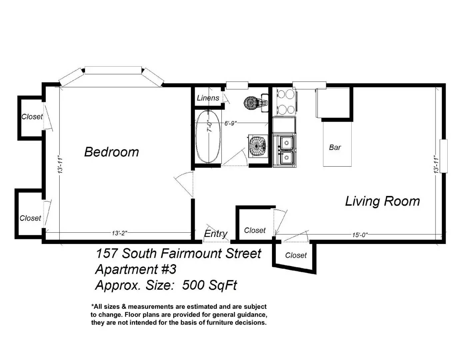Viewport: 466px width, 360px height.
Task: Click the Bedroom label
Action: (x=112, y=152)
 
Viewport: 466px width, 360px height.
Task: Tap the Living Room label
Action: (x=382, y=201)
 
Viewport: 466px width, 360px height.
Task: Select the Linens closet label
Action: (x=208, y=98)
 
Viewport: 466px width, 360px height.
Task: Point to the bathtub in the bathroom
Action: (x=208, y=137)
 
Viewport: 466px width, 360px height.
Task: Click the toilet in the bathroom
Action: (x=256, y=103)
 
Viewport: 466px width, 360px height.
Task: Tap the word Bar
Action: (x=335, y=147)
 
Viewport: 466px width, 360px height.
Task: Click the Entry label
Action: (x=216, y=234)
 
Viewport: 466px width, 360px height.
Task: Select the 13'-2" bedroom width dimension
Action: (x=119, y=233)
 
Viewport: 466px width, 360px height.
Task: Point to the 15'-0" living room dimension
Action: (x=360, y=235)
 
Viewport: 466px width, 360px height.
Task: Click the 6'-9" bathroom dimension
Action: (x=231, y=123)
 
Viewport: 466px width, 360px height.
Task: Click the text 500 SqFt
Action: (x=210, y=285)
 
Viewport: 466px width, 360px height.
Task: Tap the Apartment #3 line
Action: (x=136, y=269)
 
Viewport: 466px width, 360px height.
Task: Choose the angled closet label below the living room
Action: (x=296, y=255)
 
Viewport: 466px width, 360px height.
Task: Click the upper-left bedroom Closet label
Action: (x=32, y=117)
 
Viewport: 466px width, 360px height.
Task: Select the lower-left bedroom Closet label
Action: (x=30, y=218)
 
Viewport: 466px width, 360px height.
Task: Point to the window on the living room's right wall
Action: (x=443, y=156)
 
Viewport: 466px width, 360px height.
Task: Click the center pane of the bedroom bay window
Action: (x=113, y=70)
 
